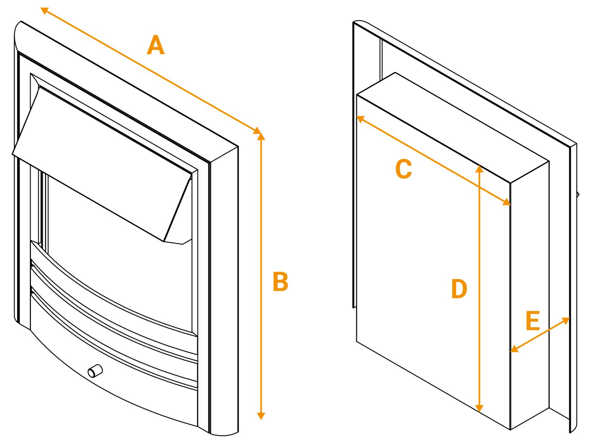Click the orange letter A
[156, 45]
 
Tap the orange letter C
[404, 169]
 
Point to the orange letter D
[459, 289]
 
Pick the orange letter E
[533, 321]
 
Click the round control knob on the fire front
[95, 371]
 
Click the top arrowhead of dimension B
[261, 136]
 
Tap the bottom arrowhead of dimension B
[261, 416]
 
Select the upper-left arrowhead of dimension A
[45, 11]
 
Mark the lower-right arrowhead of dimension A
[258, 131]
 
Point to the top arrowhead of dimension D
[479, 168]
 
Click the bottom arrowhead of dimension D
[479, 408]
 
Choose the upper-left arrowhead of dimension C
[360, 119]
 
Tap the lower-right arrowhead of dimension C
[507, 202]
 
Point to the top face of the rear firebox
[453, 128]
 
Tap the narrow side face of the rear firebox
[529, 294]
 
